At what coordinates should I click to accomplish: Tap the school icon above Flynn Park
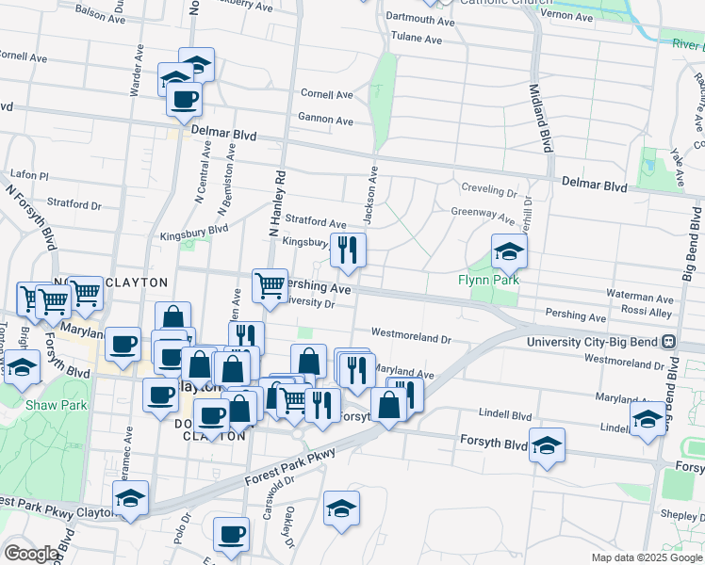point(509,251)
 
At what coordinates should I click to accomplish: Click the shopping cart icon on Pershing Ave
point(270,285)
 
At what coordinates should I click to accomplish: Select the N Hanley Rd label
point(278,202)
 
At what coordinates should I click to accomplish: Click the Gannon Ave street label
point(325,121)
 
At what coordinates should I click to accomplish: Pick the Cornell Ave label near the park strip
point(326,94)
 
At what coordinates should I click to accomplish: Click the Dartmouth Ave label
point(421,18)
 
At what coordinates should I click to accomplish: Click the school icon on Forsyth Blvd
point(547,446)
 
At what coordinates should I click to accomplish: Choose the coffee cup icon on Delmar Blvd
point(185,99)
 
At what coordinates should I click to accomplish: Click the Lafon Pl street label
point(28,175)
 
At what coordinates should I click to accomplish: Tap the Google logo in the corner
point(31,553)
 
